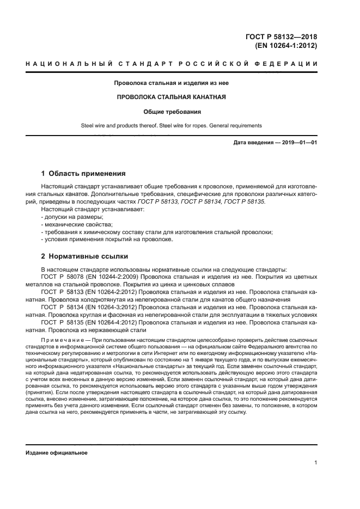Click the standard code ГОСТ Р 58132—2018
(282, 36)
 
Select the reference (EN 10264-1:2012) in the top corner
(286, 46)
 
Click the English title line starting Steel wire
(172, 125)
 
